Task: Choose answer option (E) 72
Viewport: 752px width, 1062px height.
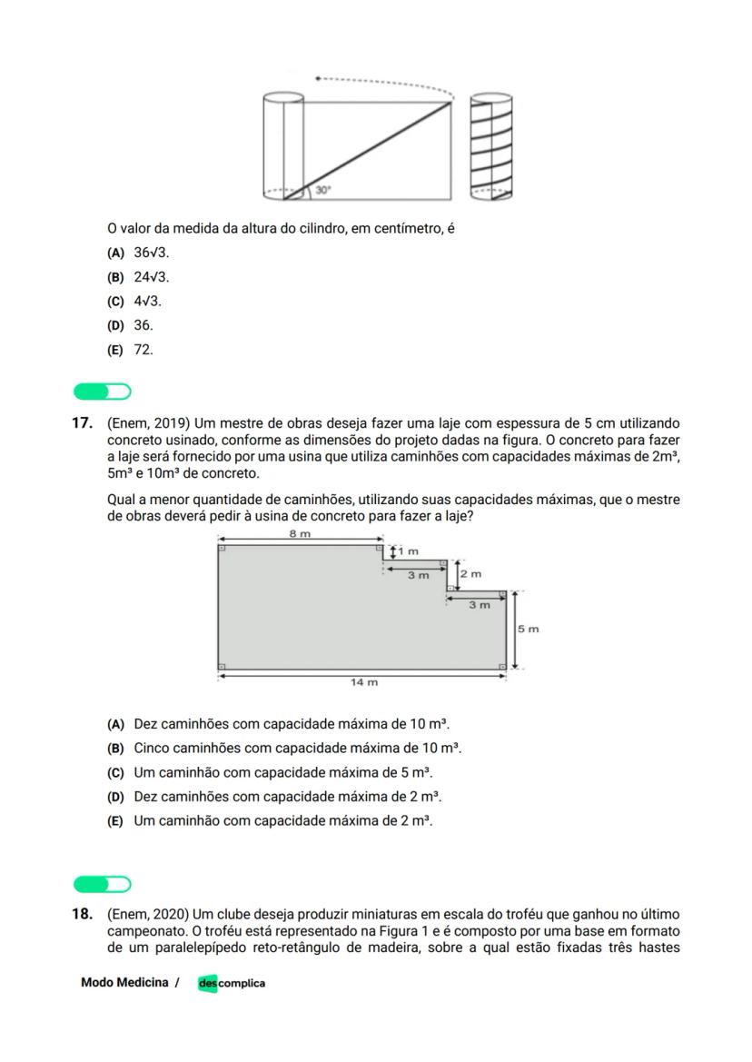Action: pyautogui.click(x=131, y=350)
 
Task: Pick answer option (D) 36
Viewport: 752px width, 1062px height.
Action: pyautogui.click(x=131, y=325)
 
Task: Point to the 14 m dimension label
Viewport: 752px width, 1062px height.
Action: pyautogui.click(x=364, y=682)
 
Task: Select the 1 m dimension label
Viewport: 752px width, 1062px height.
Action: pyautogui.click(x=410, y=551)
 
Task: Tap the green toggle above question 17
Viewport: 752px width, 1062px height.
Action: pyautogui.click(x=102, y=392)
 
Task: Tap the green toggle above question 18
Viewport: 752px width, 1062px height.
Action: pyautogui.click(x=102, y=884)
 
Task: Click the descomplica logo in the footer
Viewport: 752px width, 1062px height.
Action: pyautogui.click(x=232, y=983)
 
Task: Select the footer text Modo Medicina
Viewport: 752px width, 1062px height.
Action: pyautogui.click(x=124, y=983)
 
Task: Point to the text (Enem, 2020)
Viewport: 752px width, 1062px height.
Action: pyautogui.click(x=150, y=914)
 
